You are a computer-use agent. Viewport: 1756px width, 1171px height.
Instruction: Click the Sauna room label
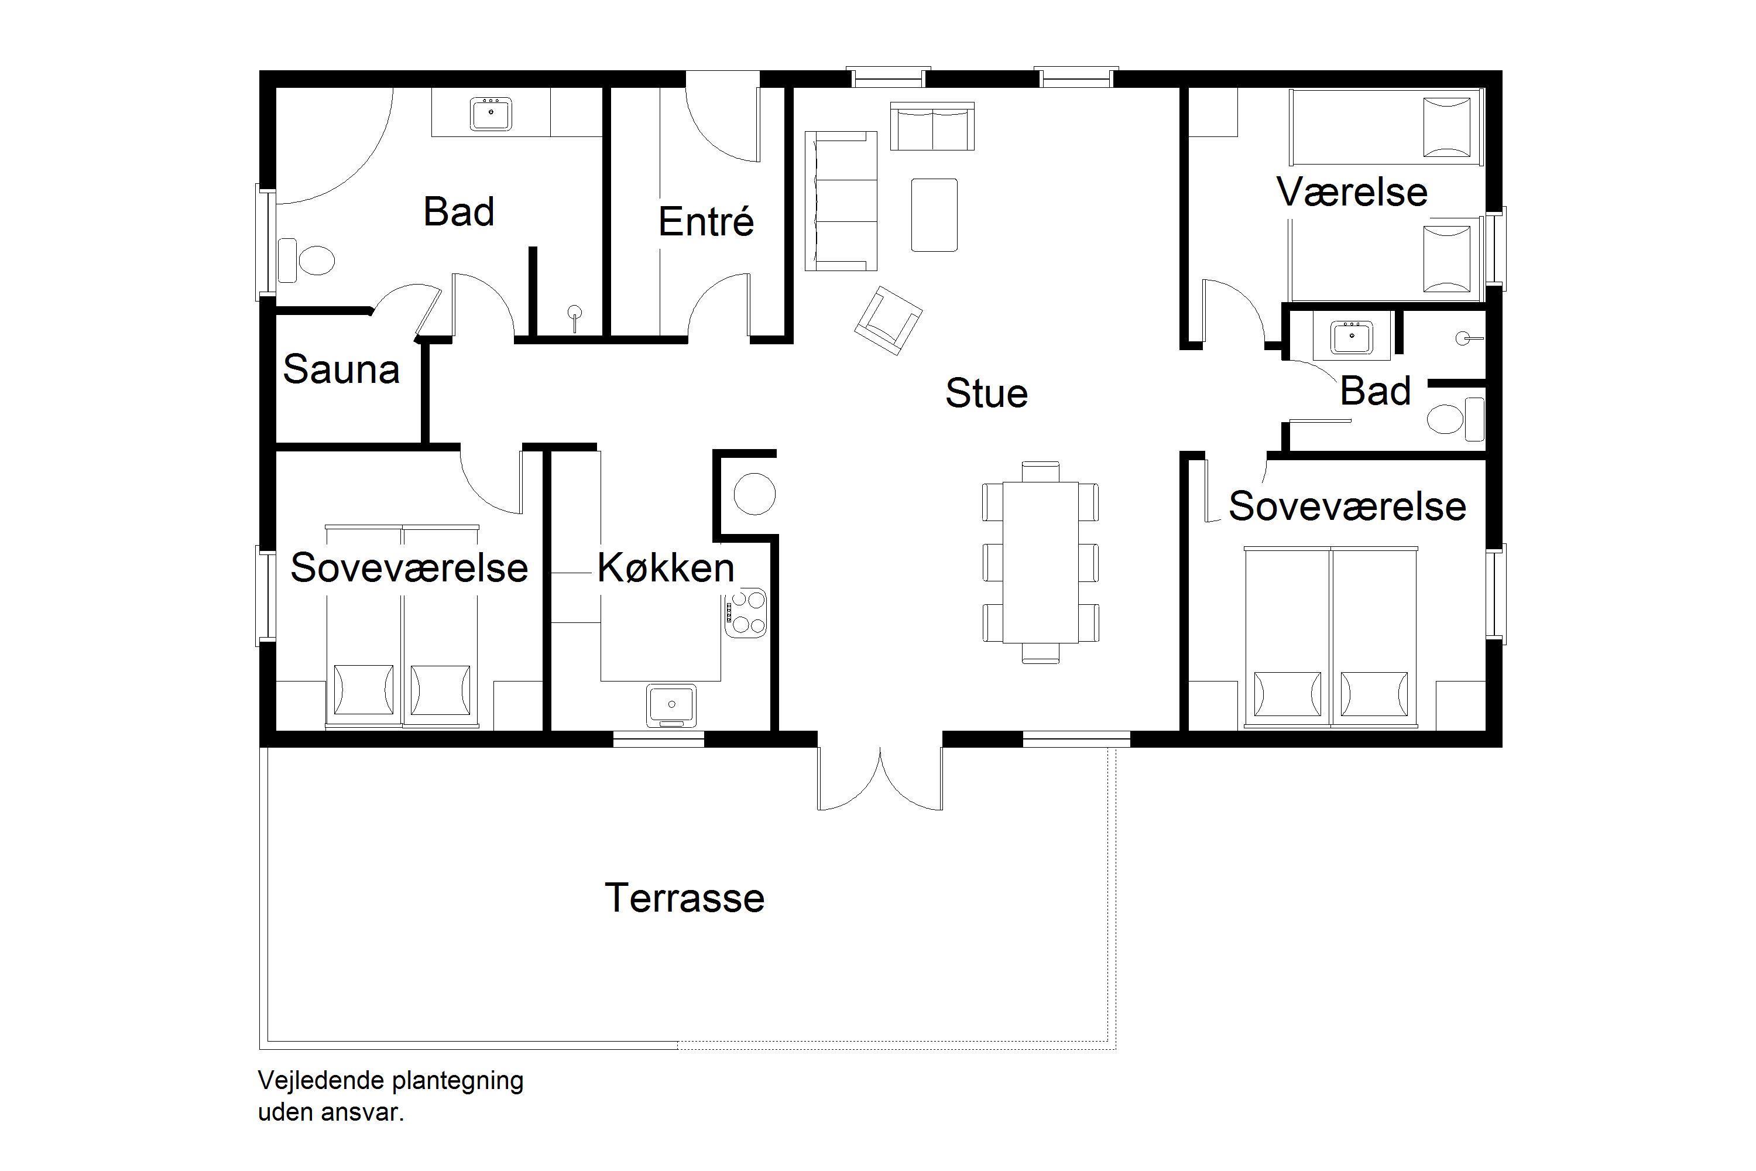point(341,369)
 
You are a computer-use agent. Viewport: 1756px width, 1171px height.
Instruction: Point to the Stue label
point(986,393)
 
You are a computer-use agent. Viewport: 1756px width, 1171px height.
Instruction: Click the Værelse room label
point(1352,192)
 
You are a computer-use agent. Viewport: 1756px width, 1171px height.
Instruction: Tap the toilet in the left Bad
point(306,261)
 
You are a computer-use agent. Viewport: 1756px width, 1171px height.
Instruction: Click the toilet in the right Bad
point(1456,419)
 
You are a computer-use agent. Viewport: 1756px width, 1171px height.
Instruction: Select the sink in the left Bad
point(491,114)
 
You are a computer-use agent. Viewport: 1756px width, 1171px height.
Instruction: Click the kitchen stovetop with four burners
point(745,613)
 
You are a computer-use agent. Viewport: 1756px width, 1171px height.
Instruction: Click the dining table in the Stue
point(1041,561)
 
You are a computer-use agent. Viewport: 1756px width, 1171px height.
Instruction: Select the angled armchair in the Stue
point(889,320)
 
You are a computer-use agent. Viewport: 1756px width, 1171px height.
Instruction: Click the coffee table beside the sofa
point(934,214)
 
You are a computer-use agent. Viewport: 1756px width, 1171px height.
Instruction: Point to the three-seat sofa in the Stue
point(841,201)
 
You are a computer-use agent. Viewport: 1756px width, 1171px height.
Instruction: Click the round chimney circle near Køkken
point(754,494)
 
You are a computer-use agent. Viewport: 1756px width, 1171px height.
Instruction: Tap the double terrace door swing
point(880,779)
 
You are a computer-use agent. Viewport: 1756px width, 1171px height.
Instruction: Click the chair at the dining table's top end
point(1041,471)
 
